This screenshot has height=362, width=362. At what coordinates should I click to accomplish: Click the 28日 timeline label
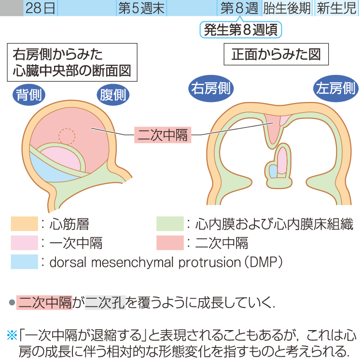click(41, 9)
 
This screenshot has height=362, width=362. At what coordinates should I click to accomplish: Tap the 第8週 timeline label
click(239, 9)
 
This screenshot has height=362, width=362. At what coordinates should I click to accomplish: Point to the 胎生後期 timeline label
click(287, 9)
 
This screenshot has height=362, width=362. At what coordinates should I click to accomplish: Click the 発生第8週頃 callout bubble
click(240, 30)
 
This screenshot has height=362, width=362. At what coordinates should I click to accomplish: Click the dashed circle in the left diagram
click(67, 136)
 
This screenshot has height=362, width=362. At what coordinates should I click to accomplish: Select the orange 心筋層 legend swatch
click(24, 223)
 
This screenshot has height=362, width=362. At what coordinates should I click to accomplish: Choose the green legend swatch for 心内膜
click(170, 223)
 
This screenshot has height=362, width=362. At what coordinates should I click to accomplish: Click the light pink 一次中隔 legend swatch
click(24, 242)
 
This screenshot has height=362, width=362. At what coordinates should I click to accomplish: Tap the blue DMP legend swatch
click(24, 261)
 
